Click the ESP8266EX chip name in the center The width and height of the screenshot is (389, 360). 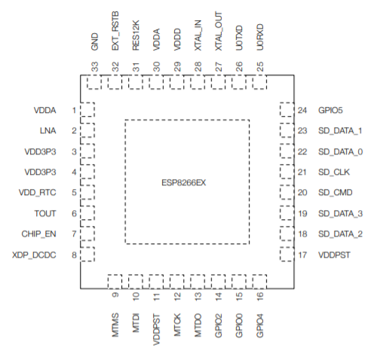tap(184, 182)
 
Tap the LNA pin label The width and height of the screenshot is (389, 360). tap(47, 130)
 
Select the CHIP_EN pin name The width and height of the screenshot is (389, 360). tap(38, 234)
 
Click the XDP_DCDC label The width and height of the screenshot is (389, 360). tap(34, 255)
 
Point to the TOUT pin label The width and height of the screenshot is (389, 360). tap(45, 213)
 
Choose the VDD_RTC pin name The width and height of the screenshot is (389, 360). tap(37, 193)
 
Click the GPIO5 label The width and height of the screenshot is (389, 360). tap(330, 110)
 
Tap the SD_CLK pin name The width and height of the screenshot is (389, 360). tap(334, 172)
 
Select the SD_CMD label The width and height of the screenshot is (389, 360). tap(335, 193)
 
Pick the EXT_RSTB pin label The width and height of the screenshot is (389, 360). tap(115, 31)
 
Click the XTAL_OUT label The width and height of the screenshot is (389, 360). tap(219, 31)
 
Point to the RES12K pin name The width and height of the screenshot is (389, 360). tap(136, 35)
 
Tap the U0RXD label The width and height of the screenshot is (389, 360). tap(260, 37)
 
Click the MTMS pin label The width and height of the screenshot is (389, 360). tap(115, 325)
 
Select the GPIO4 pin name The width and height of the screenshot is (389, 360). tap(260, 325)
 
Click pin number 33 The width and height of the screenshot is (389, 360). tap(94, 67)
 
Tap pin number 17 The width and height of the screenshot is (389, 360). tap(302, 255)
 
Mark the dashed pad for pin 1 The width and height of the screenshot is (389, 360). tap(87, 109)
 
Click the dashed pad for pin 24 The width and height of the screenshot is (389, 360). tap(287, 109)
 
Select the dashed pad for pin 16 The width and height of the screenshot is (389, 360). tap(259, 282)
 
